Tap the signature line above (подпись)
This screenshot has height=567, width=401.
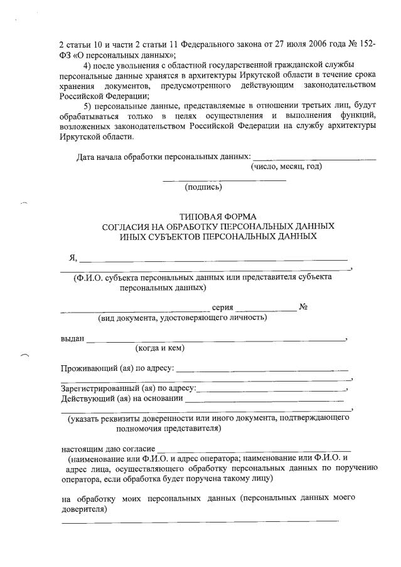pyautogui.click(x=224, y=180)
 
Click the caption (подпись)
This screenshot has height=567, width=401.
pyautogui.click(x=203, y=187)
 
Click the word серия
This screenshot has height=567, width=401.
pyautogui.click(x=223, y=308)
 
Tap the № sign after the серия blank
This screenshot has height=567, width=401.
pyautogui.click(x=302, y=308)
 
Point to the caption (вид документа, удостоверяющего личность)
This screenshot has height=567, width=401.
pyautogui.click(x=182, y=318)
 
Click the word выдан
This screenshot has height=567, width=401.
pyautogui.click(x=72, y=338)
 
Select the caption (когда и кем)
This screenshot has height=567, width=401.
pyautogui.click(x=159, y=348)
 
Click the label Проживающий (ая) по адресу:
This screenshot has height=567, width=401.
pyautogui.click(x=117, y=368)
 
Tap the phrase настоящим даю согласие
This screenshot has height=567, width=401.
pyautogui.click(x=107, y=449)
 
